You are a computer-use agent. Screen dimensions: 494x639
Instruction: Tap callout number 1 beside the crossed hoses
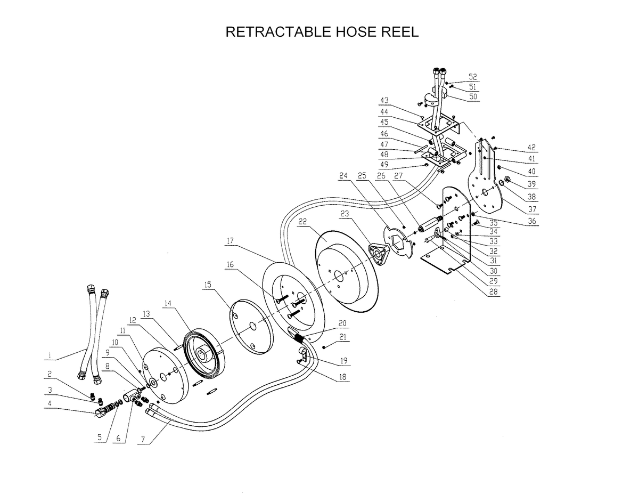pos(49,354)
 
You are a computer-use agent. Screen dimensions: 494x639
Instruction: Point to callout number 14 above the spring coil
pos(168,303)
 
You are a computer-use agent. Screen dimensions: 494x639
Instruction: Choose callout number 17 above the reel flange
pos(230,241)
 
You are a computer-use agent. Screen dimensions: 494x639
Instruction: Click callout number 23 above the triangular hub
pos(345,214)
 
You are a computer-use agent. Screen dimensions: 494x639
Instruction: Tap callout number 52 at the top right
pos(473,77)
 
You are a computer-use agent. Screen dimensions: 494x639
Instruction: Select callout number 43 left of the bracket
pos(384,101)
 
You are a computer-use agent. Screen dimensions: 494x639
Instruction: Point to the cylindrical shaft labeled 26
pos(428,224)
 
